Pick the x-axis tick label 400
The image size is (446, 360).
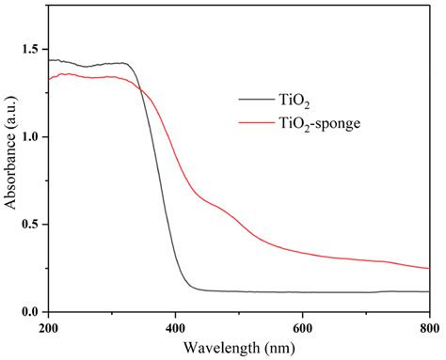174,327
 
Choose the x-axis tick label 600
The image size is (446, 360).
301,327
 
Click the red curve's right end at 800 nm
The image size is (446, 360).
428,268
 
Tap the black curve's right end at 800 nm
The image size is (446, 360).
428,291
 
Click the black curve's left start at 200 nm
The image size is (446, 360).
48,60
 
